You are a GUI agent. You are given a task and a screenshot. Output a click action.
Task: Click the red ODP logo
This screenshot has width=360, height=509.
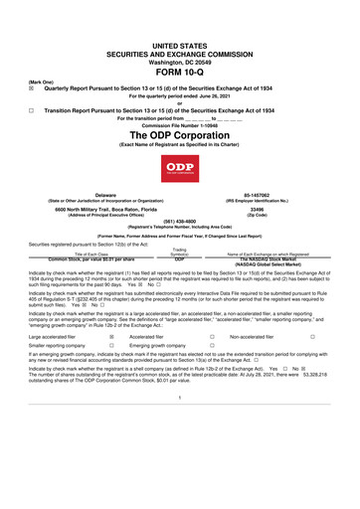[x=180, y=165]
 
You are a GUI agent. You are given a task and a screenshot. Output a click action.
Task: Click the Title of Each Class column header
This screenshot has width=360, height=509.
[x=90, y=254]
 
